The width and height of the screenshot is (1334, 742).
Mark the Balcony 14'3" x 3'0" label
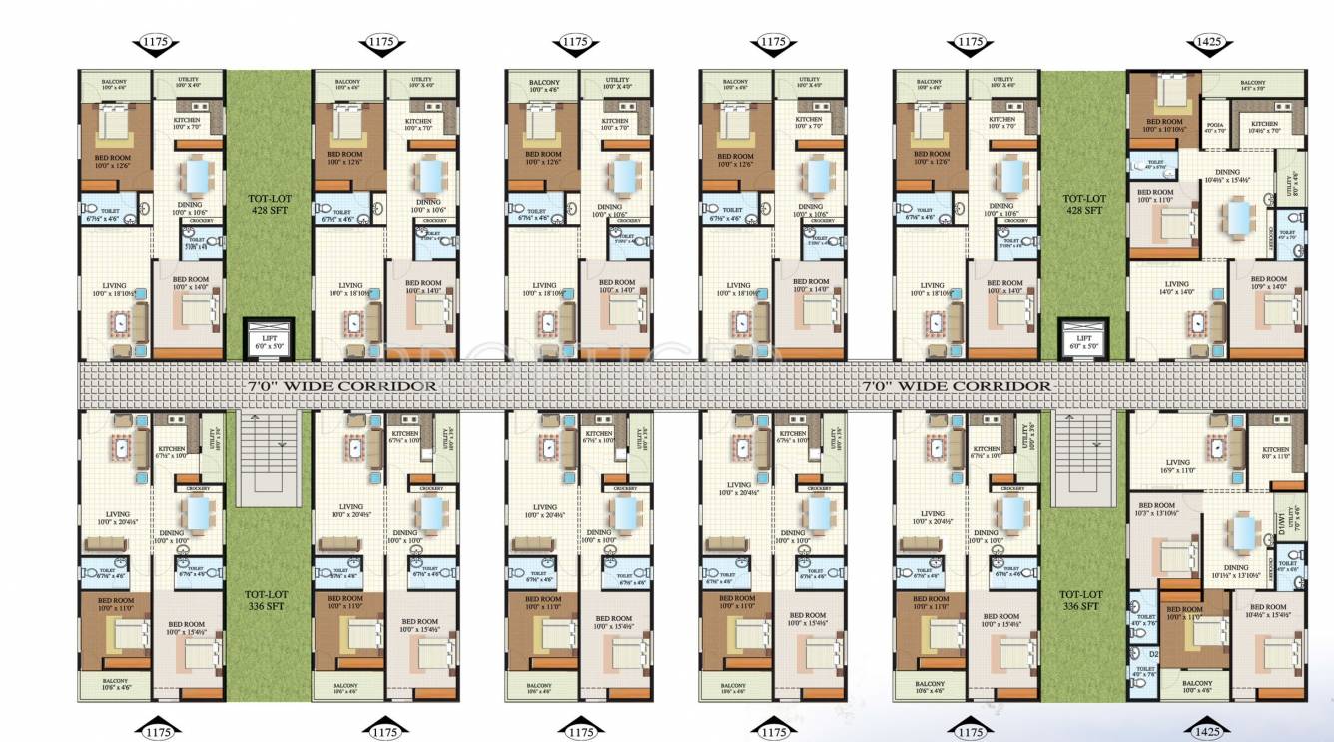(x=1252, y=85)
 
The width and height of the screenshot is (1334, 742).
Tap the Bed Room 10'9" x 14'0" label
(x=1268, y=283)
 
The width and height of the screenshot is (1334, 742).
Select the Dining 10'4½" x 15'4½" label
(x=1230, y=176)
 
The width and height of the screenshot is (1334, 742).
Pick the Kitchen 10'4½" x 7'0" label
(x=1264, y=127)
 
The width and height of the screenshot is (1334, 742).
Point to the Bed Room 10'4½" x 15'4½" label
(x=1268, y=610)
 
